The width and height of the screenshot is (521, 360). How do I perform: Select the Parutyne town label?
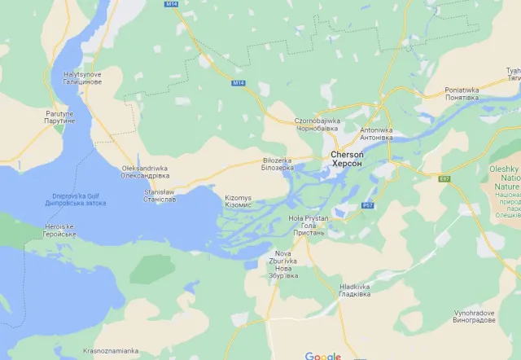coord(59,116)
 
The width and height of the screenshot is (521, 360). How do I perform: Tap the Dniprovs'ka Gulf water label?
coord(81,200)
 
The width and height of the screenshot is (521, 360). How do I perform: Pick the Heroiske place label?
coord(59,230)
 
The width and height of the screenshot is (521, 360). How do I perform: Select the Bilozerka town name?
coord(278,164)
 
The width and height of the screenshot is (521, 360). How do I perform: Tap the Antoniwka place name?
coord(376,134)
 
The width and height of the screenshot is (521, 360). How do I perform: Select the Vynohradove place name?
coord(475,316)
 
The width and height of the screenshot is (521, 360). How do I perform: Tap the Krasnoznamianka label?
coord(112,351)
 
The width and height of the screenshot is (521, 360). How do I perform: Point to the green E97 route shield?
coord(444,178)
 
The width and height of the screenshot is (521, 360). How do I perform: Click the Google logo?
coord(323,355)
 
